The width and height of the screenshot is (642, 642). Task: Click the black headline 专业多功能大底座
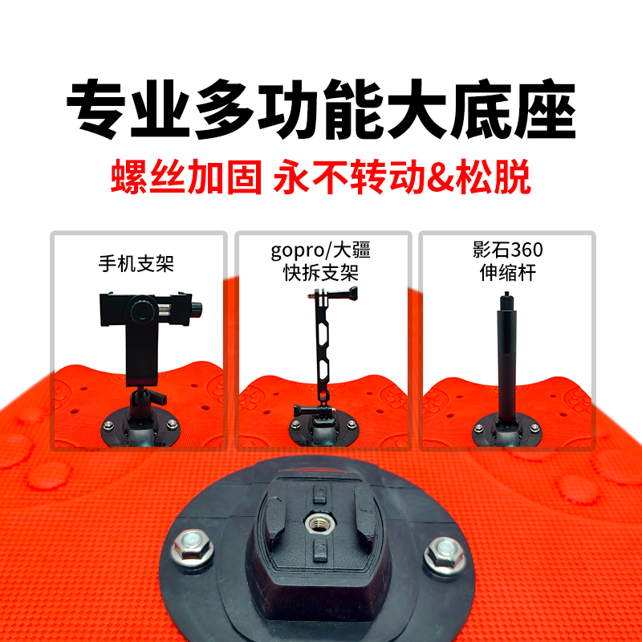[x=322, y=109]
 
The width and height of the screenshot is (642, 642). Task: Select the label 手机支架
[x=136, y=263]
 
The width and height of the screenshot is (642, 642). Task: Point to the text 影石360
[x=507, y=250]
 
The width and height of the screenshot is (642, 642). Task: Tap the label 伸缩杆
[x=508, y=272]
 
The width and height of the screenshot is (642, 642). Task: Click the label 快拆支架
[x=321, y=273]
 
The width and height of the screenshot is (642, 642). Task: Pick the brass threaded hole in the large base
[x=317, y=523]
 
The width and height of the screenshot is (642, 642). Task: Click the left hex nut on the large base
[x=193, y=547]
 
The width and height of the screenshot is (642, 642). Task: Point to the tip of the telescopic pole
[x=507, y=293]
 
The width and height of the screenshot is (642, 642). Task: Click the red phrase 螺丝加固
[x=186, y=177]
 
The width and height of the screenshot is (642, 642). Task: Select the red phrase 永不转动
[x=350, y=177]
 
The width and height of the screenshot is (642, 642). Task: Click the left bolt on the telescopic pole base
[x=478, y=429]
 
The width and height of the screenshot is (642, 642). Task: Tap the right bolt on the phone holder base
[x=173, y=425]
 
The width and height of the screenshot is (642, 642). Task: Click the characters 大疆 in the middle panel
[x=351, y=250]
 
